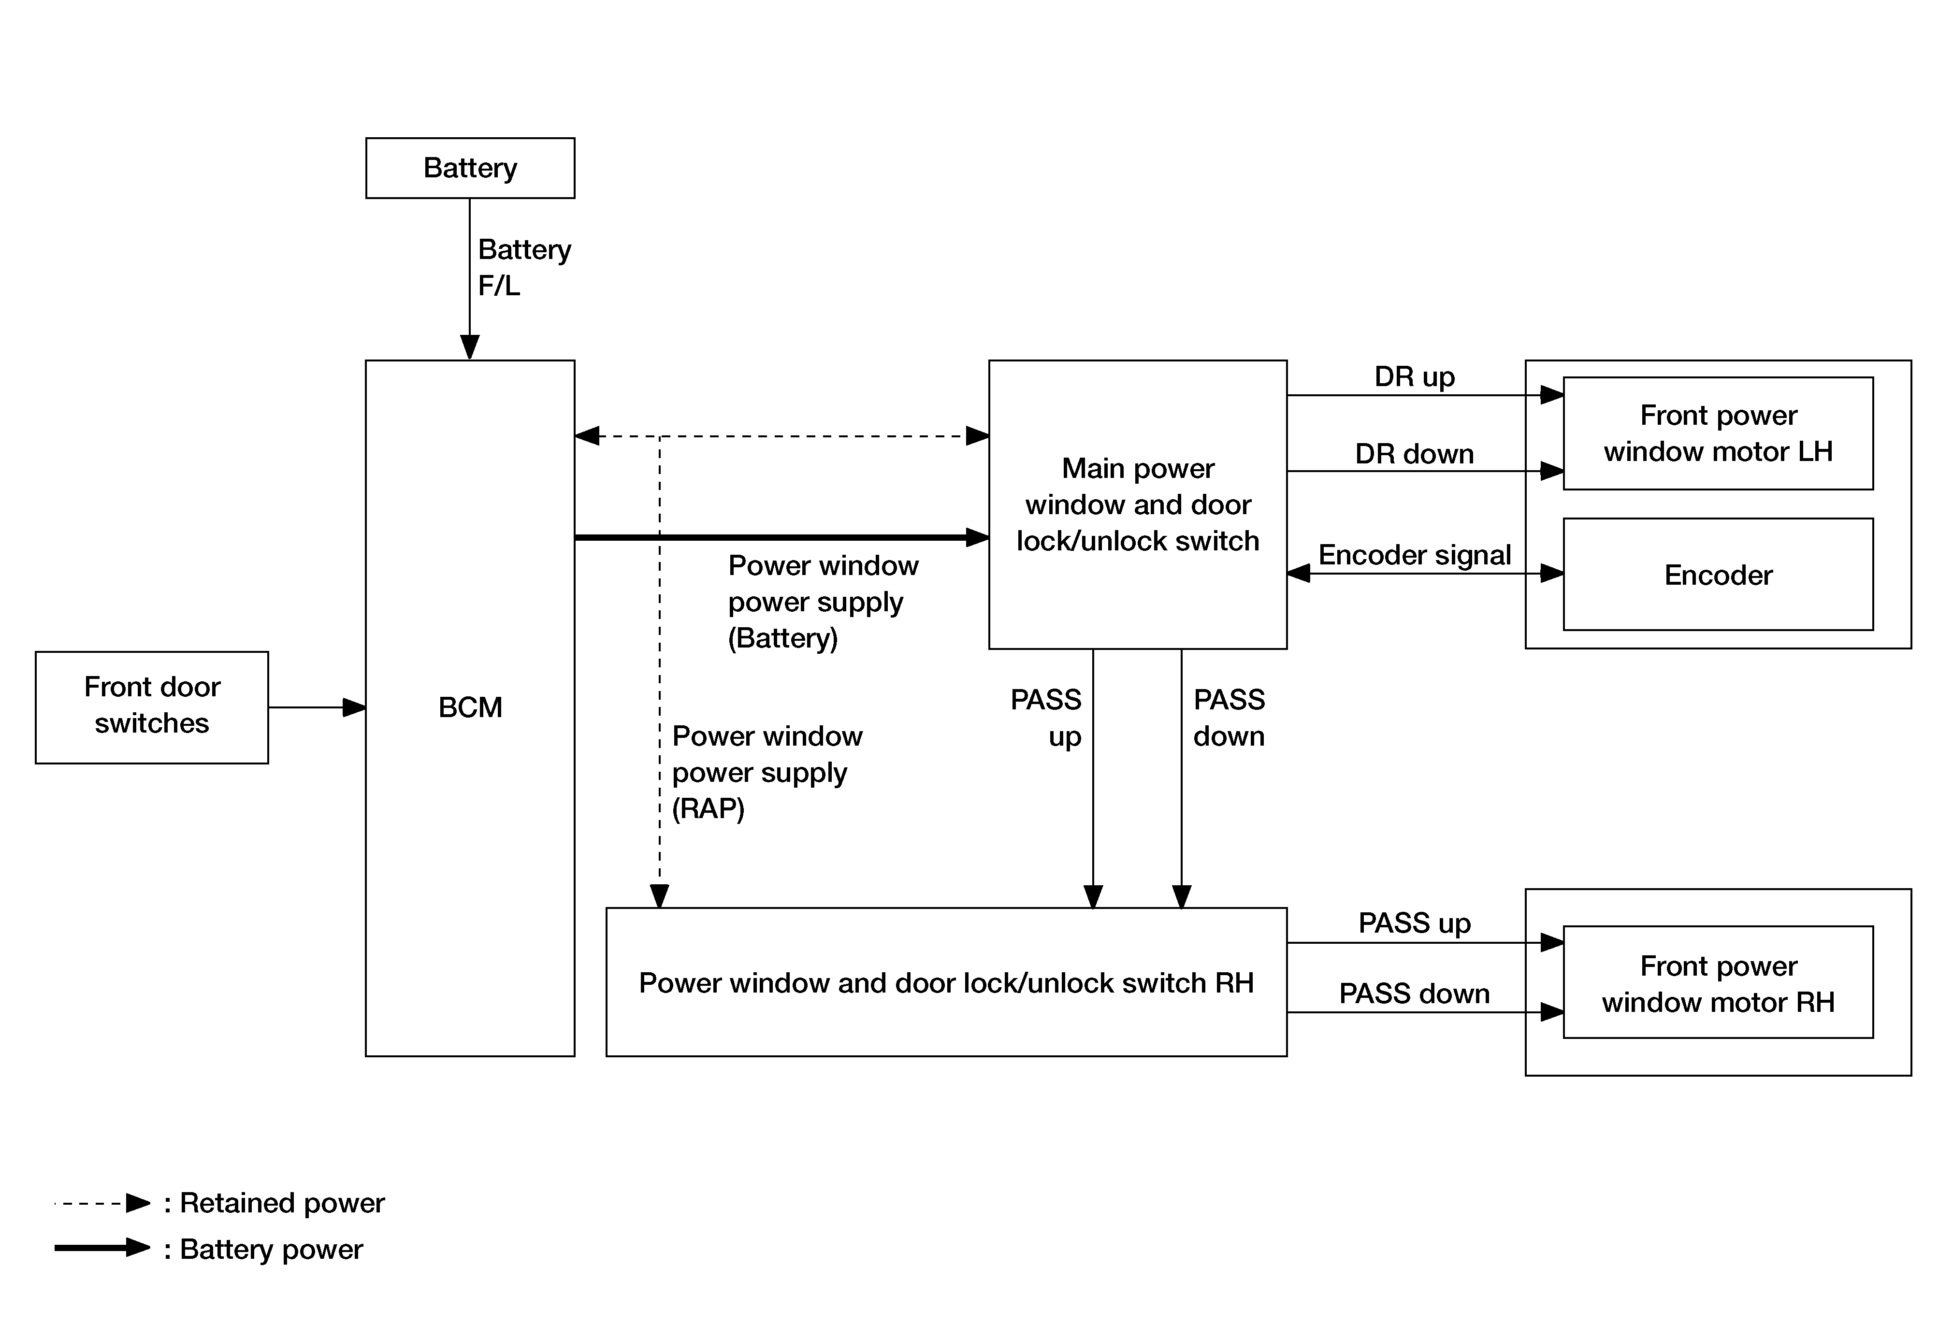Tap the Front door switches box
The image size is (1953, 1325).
(x=152, y=707)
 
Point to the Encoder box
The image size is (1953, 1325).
(x=1719, y=574)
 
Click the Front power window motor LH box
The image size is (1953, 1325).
(x=1719, y=433)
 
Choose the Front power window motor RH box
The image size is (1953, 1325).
(x=1719, y=982)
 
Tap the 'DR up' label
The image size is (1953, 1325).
(x=1414, y=376)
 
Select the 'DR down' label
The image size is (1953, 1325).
(x=1414, y=454)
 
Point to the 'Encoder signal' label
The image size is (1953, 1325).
(x=1414, y=555)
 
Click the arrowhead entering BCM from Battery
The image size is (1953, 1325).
(x=470, y=347)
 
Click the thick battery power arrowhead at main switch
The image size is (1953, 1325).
(x=977, y=537)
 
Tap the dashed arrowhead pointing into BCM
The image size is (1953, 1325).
(x=587, y=436)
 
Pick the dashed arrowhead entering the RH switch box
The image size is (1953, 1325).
(x=660, y=896)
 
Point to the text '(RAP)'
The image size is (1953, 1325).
(x=709, y=808)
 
